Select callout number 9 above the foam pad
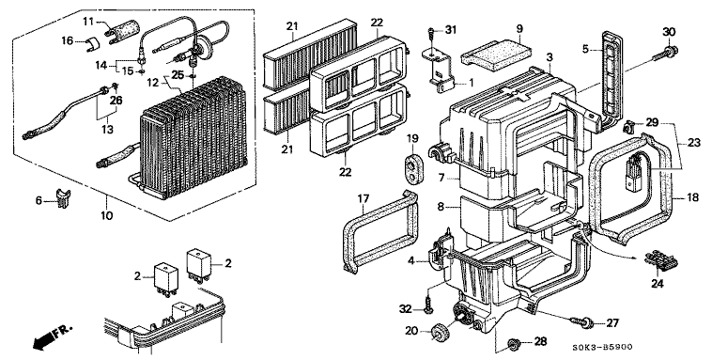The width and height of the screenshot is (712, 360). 519,29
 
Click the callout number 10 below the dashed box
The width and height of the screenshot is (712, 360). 106,214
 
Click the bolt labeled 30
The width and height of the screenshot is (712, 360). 664,53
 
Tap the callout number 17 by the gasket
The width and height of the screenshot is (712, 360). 364,199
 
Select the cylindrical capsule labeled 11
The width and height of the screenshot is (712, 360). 122,28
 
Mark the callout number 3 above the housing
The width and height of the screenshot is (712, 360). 549,57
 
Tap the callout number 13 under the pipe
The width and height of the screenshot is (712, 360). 107,129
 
